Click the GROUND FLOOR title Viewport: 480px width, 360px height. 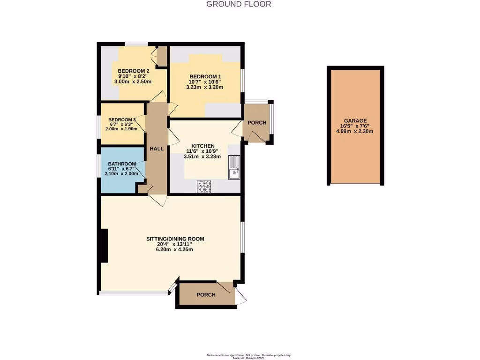coord(239,4)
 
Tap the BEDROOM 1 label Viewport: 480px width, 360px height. coord(205,76)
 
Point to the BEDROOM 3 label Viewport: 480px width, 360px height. coord(122,120)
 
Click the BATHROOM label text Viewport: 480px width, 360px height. coord(122,164)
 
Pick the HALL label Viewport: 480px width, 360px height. coord(157,149)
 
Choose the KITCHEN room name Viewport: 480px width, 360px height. coord(203,146)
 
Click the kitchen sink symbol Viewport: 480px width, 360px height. coord(234,167)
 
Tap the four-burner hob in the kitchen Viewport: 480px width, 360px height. coord(204,187)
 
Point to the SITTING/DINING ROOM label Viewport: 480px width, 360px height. coord(175,239)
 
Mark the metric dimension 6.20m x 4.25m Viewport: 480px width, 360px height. coord(175,249)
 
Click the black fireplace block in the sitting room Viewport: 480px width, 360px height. coord(104,246)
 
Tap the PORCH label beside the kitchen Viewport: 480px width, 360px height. coord(257,123)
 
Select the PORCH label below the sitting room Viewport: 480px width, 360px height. coord(206,295)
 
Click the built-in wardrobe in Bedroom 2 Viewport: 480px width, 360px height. coord(161,56)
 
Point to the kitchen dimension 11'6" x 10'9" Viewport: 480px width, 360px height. coord(203,151)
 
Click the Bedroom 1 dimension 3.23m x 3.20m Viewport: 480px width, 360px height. coord(205,87)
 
